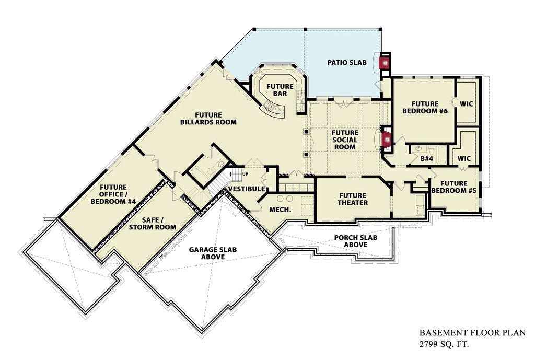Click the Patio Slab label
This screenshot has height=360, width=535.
pyautogui.click(x=346, y=63)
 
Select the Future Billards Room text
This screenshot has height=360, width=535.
pyautogui.click(x=208, y=119)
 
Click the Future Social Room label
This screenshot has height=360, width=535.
pyautogui.click(x=345, y=140)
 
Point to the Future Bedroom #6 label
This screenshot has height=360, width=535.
pyautogui.click(x=424, y=108)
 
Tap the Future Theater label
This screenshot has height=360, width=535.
pyautogui.click(x=353, y=199)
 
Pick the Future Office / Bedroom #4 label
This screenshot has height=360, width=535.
pyautogui.click(x=113, y=194)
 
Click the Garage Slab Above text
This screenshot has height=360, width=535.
pyautogui.click(x=213, y=253)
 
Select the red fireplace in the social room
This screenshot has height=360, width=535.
pyautogui.click(x=387, y=140)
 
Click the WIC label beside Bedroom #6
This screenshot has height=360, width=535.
pyautogui.click(x=466, y=103)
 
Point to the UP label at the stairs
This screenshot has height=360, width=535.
pyautogui.click(x=245, y=174)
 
